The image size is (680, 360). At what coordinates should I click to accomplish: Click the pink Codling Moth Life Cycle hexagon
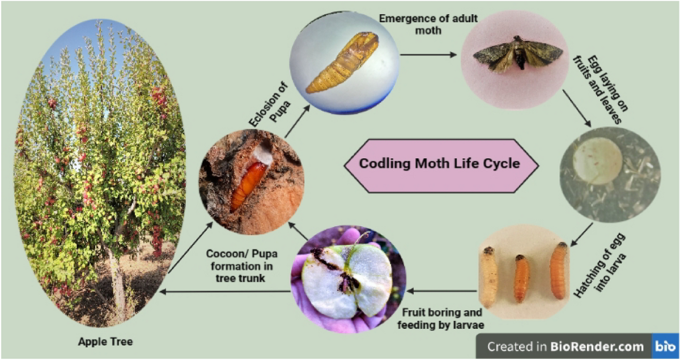440,165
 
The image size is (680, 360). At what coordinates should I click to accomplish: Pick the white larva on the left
488,278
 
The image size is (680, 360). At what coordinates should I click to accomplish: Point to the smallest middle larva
521,278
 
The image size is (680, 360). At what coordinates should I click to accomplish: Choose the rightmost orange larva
558,270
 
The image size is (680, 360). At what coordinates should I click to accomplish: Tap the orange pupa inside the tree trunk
248,185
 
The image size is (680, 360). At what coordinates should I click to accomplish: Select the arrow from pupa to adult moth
428,55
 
